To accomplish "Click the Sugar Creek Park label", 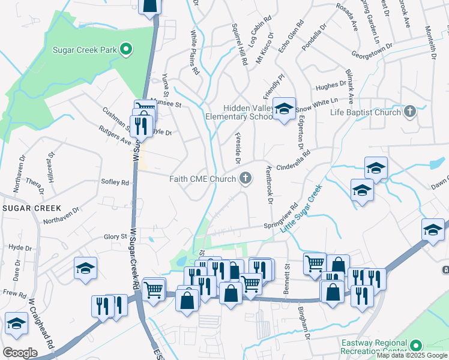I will click(x=85, y=49).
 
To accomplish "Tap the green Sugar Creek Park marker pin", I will click(x=126, y=49).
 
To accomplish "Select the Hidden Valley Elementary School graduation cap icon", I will click(x=284, y=108).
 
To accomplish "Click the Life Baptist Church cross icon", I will click(x=409, y=112).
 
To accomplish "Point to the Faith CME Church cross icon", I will click(x=245, y=178).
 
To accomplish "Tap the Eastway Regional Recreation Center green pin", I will click(x=416, y=346).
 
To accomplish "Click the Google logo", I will click(x=20, y=353).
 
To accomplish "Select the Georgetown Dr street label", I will click(x=372, y=49).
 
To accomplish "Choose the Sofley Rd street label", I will click(x=115, y=182).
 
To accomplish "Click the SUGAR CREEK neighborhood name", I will click(x=31, y=208).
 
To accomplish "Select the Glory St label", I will click(x=116, y=237).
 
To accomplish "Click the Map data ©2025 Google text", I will click(x=412, y=355).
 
